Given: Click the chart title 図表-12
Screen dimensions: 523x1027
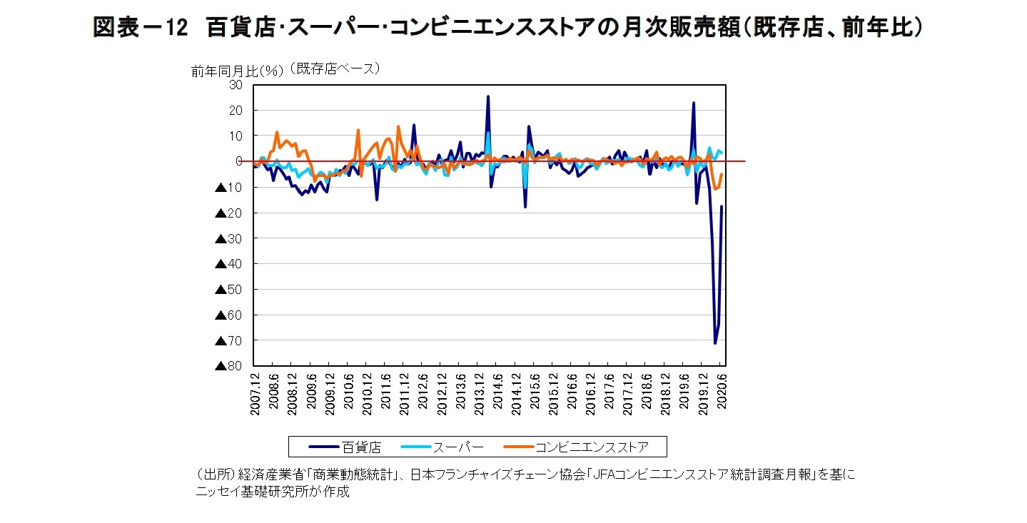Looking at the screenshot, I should pos(140,28).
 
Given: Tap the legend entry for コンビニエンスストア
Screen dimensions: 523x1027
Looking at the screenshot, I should pos(592,447).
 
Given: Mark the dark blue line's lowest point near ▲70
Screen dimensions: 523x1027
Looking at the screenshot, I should pos(715,343).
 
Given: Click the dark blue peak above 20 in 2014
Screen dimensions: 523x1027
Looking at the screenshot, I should pos(488,96).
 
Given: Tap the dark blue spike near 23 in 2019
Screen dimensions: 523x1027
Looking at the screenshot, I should pos(693,103).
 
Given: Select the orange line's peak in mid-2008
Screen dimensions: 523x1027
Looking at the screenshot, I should pos(276,132).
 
